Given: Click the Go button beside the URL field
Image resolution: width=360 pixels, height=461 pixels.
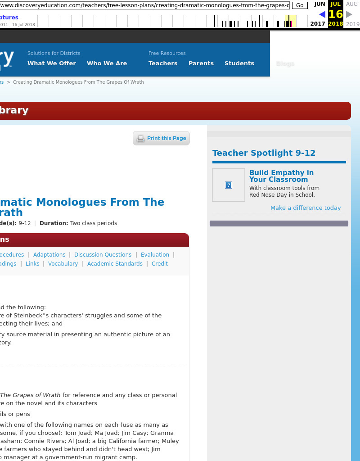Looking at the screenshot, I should point(300,5).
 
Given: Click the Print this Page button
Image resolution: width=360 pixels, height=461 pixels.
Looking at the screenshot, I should point(162,138).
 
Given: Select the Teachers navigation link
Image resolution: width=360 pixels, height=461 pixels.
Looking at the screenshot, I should point(163,63).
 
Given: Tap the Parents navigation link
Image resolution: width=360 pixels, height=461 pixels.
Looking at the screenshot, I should point(201,63).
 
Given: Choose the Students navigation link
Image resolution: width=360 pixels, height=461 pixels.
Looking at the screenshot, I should point(239,63).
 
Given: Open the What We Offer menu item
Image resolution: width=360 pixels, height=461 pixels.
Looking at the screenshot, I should point(52,63).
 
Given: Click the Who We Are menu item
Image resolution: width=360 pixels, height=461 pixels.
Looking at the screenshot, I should point(107,63).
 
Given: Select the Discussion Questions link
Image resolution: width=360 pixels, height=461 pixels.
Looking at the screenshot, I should point(103,255).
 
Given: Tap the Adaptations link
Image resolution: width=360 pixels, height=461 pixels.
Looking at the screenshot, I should point(49,255).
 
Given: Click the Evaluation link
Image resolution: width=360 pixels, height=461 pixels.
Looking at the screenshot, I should point(155,255).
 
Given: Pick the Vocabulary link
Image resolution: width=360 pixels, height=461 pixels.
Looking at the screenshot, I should point(63,264).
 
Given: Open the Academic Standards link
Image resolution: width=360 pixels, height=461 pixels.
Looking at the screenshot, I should point(115,264).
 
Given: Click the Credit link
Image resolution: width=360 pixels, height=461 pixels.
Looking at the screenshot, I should point(160,264).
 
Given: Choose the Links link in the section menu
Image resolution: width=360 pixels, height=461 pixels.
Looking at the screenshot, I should point(32,264).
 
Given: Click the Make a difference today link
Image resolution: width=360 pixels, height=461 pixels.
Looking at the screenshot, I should point(306,208).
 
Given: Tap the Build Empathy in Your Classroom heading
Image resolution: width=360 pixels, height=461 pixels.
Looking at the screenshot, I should point(281,176).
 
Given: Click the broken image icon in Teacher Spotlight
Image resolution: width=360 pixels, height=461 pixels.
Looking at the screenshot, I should point(229,185).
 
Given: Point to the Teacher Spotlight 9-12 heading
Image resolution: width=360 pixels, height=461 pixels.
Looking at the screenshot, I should point(264,153).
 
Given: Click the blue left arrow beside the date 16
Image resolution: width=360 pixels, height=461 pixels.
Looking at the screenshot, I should point(322,14).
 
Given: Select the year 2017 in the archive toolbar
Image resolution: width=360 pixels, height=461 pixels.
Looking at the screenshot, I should point(318,24).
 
